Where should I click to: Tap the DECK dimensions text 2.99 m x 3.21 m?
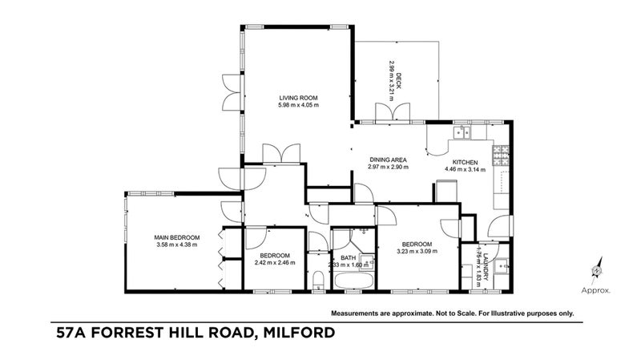391,80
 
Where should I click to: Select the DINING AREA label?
388,159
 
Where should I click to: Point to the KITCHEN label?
465,160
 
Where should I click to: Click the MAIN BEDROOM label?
177,237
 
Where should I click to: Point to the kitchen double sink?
462,133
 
